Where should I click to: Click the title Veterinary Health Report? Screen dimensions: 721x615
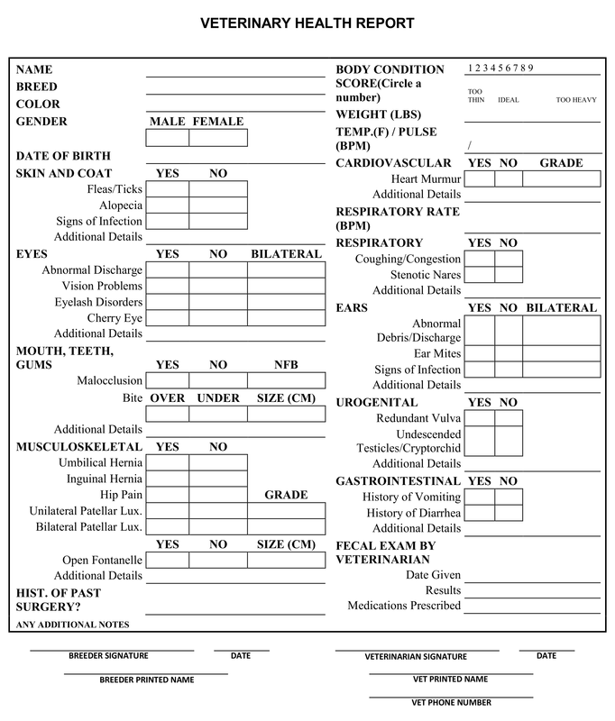(307, 23)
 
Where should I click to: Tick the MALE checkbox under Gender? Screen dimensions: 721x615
(167, 138)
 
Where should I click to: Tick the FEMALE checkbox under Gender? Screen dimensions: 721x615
(218, 138)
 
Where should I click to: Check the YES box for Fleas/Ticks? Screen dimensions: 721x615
(167, 190)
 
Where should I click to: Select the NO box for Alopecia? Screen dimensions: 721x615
(218, 205)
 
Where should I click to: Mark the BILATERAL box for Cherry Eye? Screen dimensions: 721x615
(286, 318)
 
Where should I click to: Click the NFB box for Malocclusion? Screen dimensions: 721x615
(286, 380)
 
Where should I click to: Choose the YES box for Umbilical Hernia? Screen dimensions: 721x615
(167, 463)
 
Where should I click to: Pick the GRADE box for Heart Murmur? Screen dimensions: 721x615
(561, 178)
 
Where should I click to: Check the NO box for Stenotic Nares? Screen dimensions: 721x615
(509, 275)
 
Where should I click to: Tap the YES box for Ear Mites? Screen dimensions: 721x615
(480, 353)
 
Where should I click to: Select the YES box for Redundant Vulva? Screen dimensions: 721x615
(480, 418)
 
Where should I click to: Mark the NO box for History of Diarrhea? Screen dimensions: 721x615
(509, 513)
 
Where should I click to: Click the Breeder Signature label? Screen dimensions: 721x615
(108, 656)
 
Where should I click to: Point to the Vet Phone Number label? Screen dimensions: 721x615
(451, 702)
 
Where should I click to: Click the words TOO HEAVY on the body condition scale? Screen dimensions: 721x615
(576, 100)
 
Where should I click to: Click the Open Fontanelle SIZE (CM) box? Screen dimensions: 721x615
(286, 560)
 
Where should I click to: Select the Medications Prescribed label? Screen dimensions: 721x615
(404, 606)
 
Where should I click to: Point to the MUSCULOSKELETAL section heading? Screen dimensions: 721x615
(79, 446)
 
